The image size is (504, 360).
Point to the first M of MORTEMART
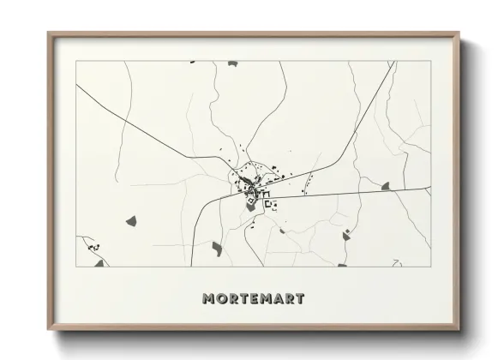click(208, 299)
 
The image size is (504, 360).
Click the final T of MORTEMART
click(300, 299)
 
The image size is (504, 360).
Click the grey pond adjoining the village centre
click(250, 206)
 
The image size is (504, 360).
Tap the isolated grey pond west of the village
click(131, 221)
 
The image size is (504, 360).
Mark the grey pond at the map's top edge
click(191, 62)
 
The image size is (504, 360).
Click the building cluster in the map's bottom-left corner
click(93, 248)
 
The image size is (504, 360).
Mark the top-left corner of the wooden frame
click(49, 34)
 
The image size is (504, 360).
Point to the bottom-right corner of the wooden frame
click(459, 331)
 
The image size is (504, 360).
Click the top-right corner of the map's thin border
click(429, 62)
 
